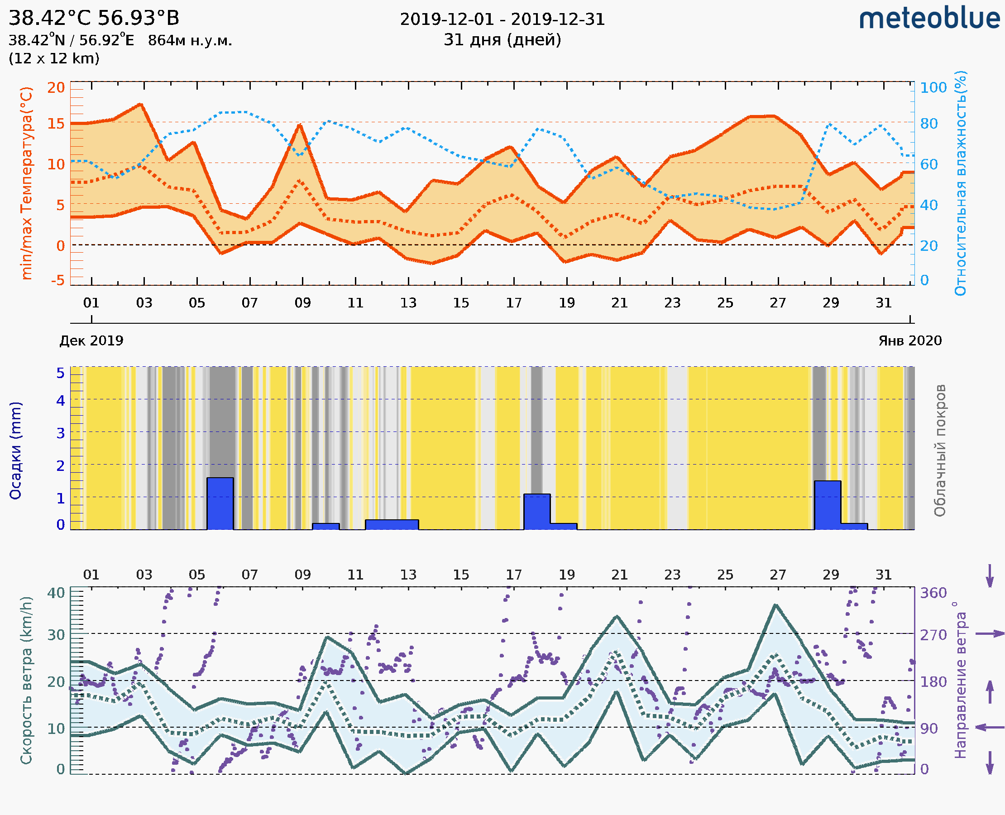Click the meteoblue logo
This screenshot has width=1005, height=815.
tap(929, 19)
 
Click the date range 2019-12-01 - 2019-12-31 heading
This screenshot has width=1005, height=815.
tap(502, 19)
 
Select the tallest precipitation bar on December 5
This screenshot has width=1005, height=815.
tap(220, 503)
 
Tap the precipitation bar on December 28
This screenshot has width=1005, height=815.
tap(828, 505)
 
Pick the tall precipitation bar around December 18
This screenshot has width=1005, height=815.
tap(537, 511)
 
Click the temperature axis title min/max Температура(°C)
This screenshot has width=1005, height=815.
tap(27, 183)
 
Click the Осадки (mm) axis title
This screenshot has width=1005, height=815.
tap(15, 451)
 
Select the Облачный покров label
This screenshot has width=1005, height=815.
tap(940, 451)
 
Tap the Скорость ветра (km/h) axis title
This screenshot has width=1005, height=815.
tap(26, 680)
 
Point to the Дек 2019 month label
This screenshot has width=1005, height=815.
tap(91, 340)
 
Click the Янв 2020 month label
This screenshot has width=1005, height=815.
tap(910, 340)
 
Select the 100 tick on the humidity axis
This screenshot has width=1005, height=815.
tap(933, 88)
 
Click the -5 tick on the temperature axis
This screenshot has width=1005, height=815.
tap(58, 280)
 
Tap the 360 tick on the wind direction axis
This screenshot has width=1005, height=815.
tap(933, 593)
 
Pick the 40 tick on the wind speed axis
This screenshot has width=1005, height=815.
tap(56, 593)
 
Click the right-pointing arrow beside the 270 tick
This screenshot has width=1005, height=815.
tap(990, 634)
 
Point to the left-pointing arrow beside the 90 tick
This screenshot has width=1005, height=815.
tap(990, 727)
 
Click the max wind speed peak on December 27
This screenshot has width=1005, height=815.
tap(775, 606)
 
